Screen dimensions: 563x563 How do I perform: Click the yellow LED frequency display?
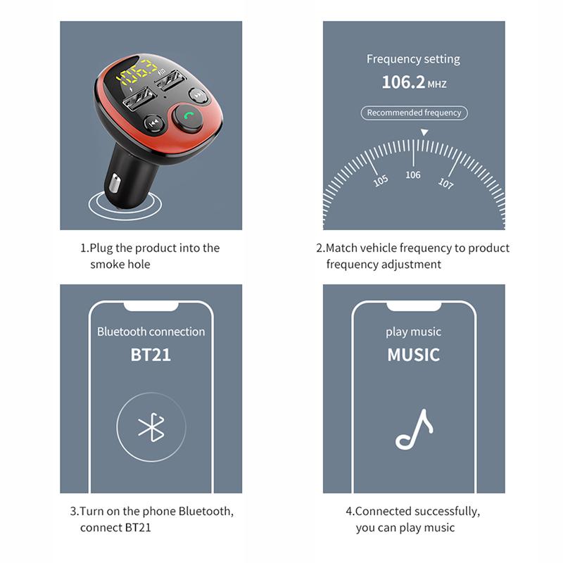tap(138, 72)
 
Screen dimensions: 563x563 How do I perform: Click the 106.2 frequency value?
tap(403, 82)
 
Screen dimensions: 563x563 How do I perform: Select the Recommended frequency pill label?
tap(414, 113)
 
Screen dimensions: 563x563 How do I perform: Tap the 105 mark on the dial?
tap(381, 180)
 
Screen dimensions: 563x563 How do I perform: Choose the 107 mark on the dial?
tap(445, 183)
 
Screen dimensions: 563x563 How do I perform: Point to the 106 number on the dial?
tap(413, 175)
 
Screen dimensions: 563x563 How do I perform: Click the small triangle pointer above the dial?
tap(424, 132)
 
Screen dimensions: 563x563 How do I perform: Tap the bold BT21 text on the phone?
tap(151, 354)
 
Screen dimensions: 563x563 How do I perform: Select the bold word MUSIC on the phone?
tap(413, 354)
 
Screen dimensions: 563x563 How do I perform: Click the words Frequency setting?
tap(413, 59)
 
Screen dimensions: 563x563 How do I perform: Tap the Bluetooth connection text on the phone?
tap(151, 331)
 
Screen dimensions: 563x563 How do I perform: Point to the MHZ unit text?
tap(437, 84)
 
